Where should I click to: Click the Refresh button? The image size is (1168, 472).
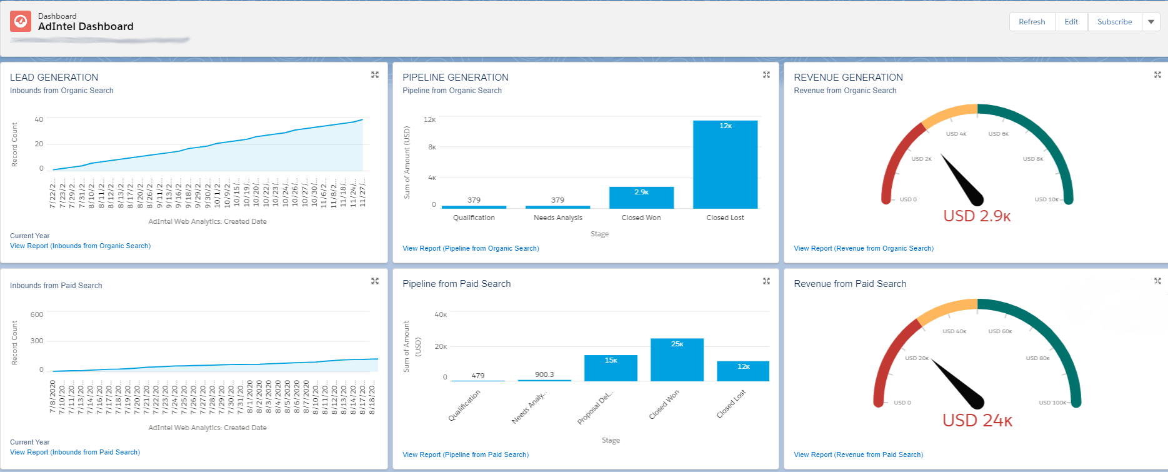coord(1032,22)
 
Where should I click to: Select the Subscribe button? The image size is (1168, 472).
coord(1114,22)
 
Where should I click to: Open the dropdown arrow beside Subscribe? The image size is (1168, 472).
coord(1151,22)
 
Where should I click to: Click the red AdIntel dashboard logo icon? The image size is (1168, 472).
coord(21,21)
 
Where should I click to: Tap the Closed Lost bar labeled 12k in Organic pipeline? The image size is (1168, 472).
coord(725,164)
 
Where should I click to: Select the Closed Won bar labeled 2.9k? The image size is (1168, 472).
coord(641,198)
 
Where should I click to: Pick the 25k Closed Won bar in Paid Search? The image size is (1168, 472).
coord(677,359)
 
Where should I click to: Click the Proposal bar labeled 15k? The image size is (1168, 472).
coord(611,368)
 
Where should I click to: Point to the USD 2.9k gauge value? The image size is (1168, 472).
coord(977,216)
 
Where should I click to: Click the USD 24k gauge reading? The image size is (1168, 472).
coord(977,421)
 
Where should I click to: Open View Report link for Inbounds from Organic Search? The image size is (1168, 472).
coord(80,246)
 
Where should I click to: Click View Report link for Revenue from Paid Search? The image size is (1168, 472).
coord(858,454)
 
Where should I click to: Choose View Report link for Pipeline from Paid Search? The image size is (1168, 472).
coord(465,454)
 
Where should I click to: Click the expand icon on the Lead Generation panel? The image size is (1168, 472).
coord(375,75)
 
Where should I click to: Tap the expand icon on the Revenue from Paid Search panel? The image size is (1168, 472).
coord(1157,281)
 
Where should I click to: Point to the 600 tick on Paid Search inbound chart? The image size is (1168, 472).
coord(37,314)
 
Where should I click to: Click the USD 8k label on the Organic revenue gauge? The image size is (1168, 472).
coord(1032,159)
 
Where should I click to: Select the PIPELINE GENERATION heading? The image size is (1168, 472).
coord(455,78)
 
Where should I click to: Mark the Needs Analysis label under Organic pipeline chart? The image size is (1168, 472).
coord(557,218)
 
